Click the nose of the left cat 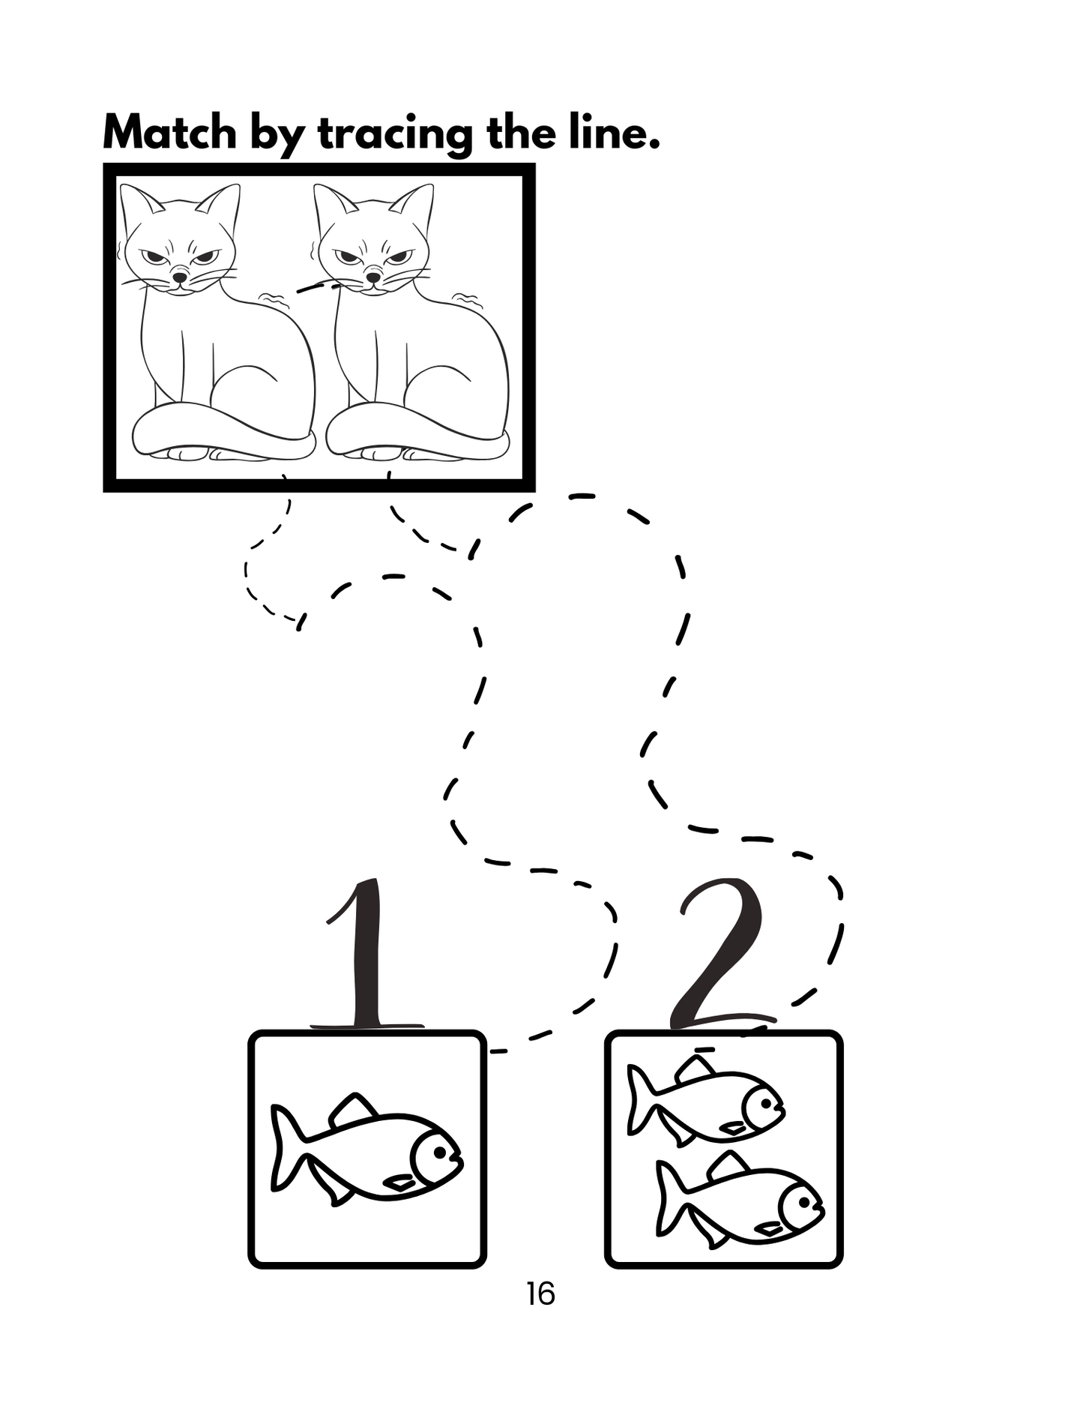[179, 276]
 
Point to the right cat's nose [372, 276]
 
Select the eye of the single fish [438, 1151]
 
